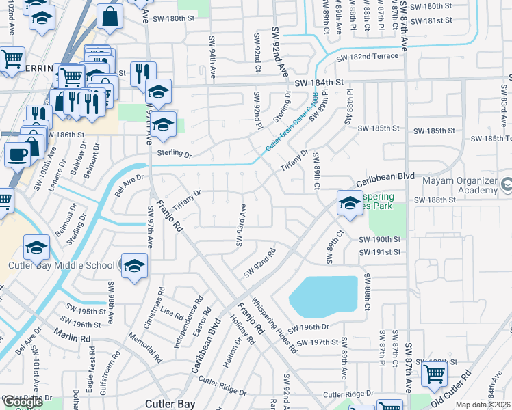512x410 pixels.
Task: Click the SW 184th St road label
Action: [319, 83]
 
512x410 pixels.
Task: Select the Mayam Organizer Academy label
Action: [466, 186]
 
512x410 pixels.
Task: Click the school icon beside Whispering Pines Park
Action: [350, 202]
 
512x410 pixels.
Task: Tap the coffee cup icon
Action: [18, 154]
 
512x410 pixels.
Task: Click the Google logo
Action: [23, 401]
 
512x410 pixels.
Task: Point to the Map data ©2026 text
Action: [483, 405]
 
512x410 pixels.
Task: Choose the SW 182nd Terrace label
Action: [367, 56]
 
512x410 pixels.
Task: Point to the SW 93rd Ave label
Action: [241, 225]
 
